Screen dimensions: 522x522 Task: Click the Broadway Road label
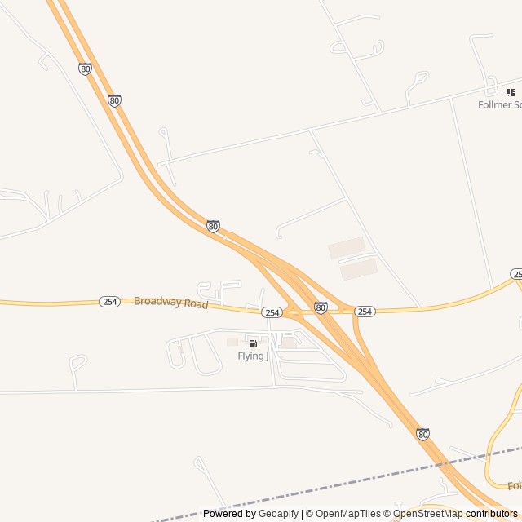pyautogui.click(x=170, y=303)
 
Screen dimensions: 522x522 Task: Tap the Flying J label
pyautogui.click(x=253, y=356)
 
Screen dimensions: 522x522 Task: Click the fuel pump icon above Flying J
pyautogui.click(x=253, y=344)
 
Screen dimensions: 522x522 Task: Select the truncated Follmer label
pyautogui.click(x=499, y=104)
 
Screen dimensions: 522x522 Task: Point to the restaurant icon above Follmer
pyautogui.click(x=511, y=93)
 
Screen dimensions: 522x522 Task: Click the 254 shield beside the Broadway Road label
pyautogui.click(x=110, y=302)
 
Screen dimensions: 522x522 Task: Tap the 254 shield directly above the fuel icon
pyautogui.click(x=272, y=312)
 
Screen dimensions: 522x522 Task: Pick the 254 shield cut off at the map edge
pyautogui.click(x=516, y=274)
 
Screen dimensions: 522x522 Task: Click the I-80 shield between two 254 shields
pyautogui.click(x=321, y=307)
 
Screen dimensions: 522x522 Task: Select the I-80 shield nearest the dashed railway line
pyautogui.click(x=422, y=435)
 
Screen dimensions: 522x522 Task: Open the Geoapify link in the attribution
pyautogui.click(x=278, y=514)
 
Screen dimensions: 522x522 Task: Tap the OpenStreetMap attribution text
pyautogui.click(x=428, y=514)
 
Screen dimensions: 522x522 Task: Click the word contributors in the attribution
pyautogui.click(x=492, y=514)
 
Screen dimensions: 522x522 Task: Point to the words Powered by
pyautogui.click(x=229, y=514)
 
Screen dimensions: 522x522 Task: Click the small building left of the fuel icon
pyautogui.click(x=232, y=342)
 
